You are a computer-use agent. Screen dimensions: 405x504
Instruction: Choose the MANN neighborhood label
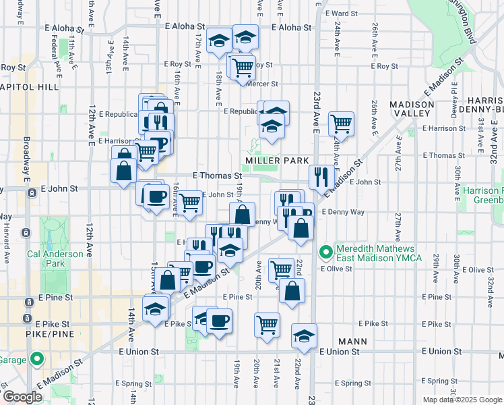point(354,342)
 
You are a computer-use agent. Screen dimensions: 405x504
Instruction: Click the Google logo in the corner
point(22,397)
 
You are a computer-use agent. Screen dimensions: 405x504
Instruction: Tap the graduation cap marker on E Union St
point(304,335)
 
